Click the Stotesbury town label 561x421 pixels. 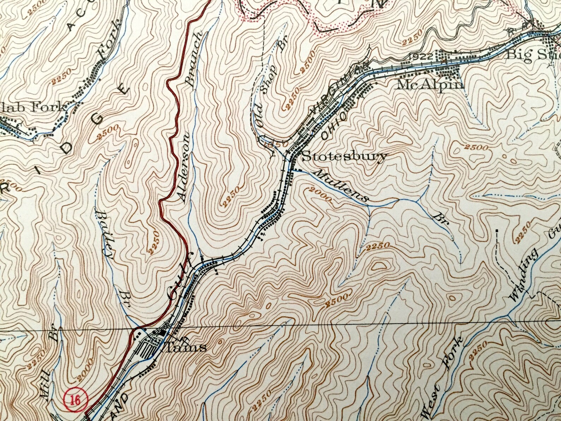coord(344,156)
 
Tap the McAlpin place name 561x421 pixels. coord(430,84)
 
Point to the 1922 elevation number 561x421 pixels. coord(422,56)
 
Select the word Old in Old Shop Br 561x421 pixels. coord(260,119)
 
